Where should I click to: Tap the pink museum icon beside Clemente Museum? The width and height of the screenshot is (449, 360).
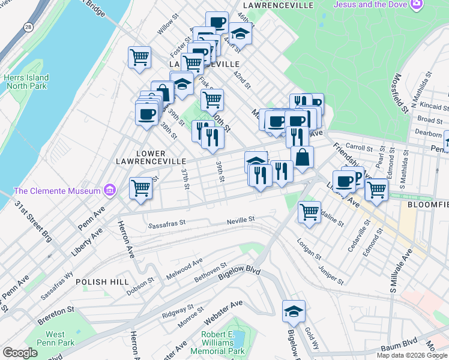[x=109, y=191]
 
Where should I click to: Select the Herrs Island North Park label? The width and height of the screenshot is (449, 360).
[x=26, y=82]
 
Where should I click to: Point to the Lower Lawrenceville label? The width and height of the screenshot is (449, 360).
[x=160, y=157]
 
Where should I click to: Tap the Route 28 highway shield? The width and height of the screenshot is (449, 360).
[x=28, y=44]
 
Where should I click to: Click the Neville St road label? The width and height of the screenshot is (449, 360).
[x=241, y=221]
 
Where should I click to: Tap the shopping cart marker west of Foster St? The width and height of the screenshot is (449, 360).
[x=139, y=58]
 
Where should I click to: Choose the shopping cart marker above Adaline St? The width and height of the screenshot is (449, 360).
[x=309, y=211]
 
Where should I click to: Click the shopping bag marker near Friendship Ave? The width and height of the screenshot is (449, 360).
[x=303, y=157]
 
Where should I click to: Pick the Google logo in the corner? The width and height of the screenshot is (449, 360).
[x=20, y=353]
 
